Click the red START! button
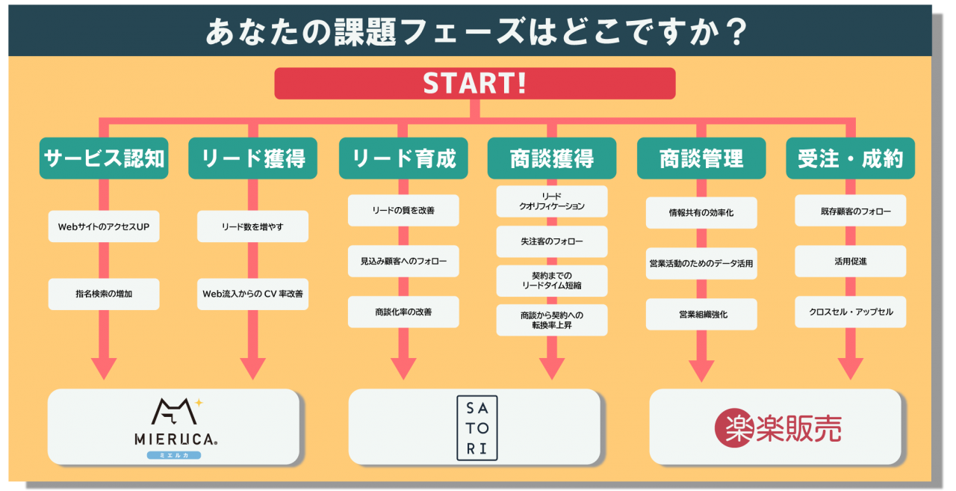click(474, 83)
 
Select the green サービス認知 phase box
click(104, 158)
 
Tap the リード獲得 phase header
click(252, 158)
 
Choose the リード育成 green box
click(403, 158)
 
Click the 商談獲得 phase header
click(552, 158)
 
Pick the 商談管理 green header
click(701, 158)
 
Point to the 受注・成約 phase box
click(850, 158)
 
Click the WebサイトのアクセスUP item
click(104, 226)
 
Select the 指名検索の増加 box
click(104, 294)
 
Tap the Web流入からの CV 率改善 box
click(252, 294)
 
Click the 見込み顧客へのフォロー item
click(403, 261)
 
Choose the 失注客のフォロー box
click(552, 241)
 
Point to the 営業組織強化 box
click(701, 314)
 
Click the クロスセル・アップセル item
click(850, 312)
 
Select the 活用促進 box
click(850, 261)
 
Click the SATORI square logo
click(477, 427)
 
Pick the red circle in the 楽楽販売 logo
click(733, 427)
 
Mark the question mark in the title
click(736, 31)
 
